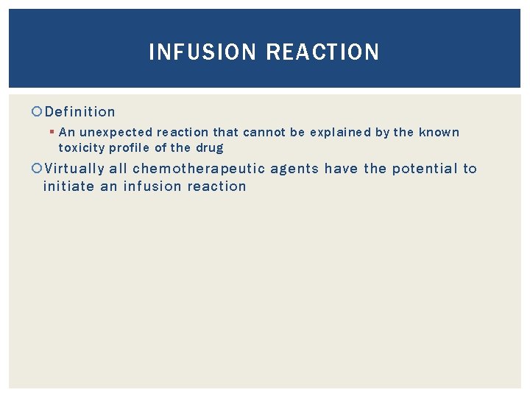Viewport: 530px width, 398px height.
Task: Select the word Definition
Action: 80,112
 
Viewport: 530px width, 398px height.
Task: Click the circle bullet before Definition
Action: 38,112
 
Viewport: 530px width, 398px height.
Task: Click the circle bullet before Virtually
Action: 38,169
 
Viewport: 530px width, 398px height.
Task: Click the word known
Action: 439,133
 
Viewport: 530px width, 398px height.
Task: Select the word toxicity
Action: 83,148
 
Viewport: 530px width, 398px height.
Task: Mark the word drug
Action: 209,148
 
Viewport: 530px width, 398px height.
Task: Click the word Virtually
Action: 74,169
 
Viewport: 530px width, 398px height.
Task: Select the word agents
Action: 294,169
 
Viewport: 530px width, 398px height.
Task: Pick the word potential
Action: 424,169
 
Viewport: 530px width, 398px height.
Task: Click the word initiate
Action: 68,186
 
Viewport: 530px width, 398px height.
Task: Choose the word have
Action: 341,169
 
